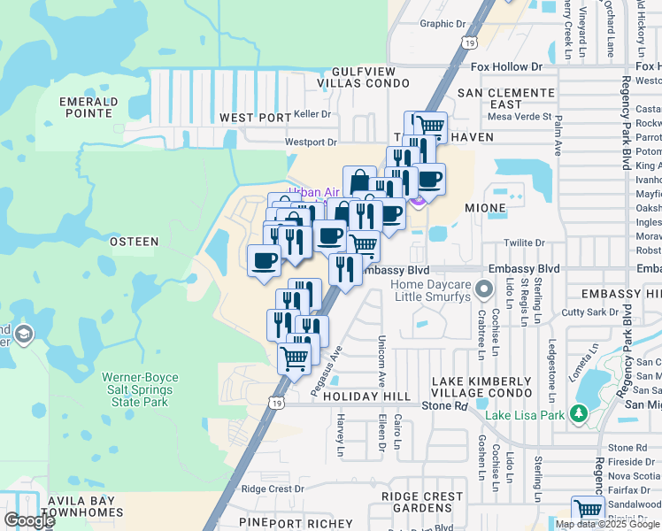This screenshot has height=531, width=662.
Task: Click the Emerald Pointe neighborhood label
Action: pyautogui.click(x=89, y=107)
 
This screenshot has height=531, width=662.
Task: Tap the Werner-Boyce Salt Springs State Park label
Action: pyautogui.click(x=141, y=389)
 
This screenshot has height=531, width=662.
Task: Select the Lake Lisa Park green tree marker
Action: pyautogui.click(x=579, y=413)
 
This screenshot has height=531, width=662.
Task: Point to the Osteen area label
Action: pyautogui.click(x=134, y=241)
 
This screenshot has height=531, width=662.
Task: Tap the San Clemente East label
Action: pyautogui.click(x=506, y=98)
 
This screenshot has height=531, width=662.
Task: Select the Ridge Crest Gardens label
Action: pyautogui.click(x=422, y=503)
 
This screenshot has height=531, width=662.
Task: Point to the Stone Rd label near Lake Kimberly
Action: pyautogui.click(x=443, y=405)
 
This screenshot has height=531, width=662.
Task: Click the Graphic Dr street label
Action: pyautogui.click(x=442, y=24)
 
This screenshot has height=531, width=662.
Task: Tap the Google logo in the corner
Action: pyautogui.click(x=29, y=519)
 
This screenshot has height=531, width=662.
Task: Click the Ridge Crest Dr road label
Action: pyautogui.click(x=272, y=489)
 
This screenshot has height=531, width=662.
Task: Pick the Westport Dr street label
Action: pyautogui.click(x=311, y=142)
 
